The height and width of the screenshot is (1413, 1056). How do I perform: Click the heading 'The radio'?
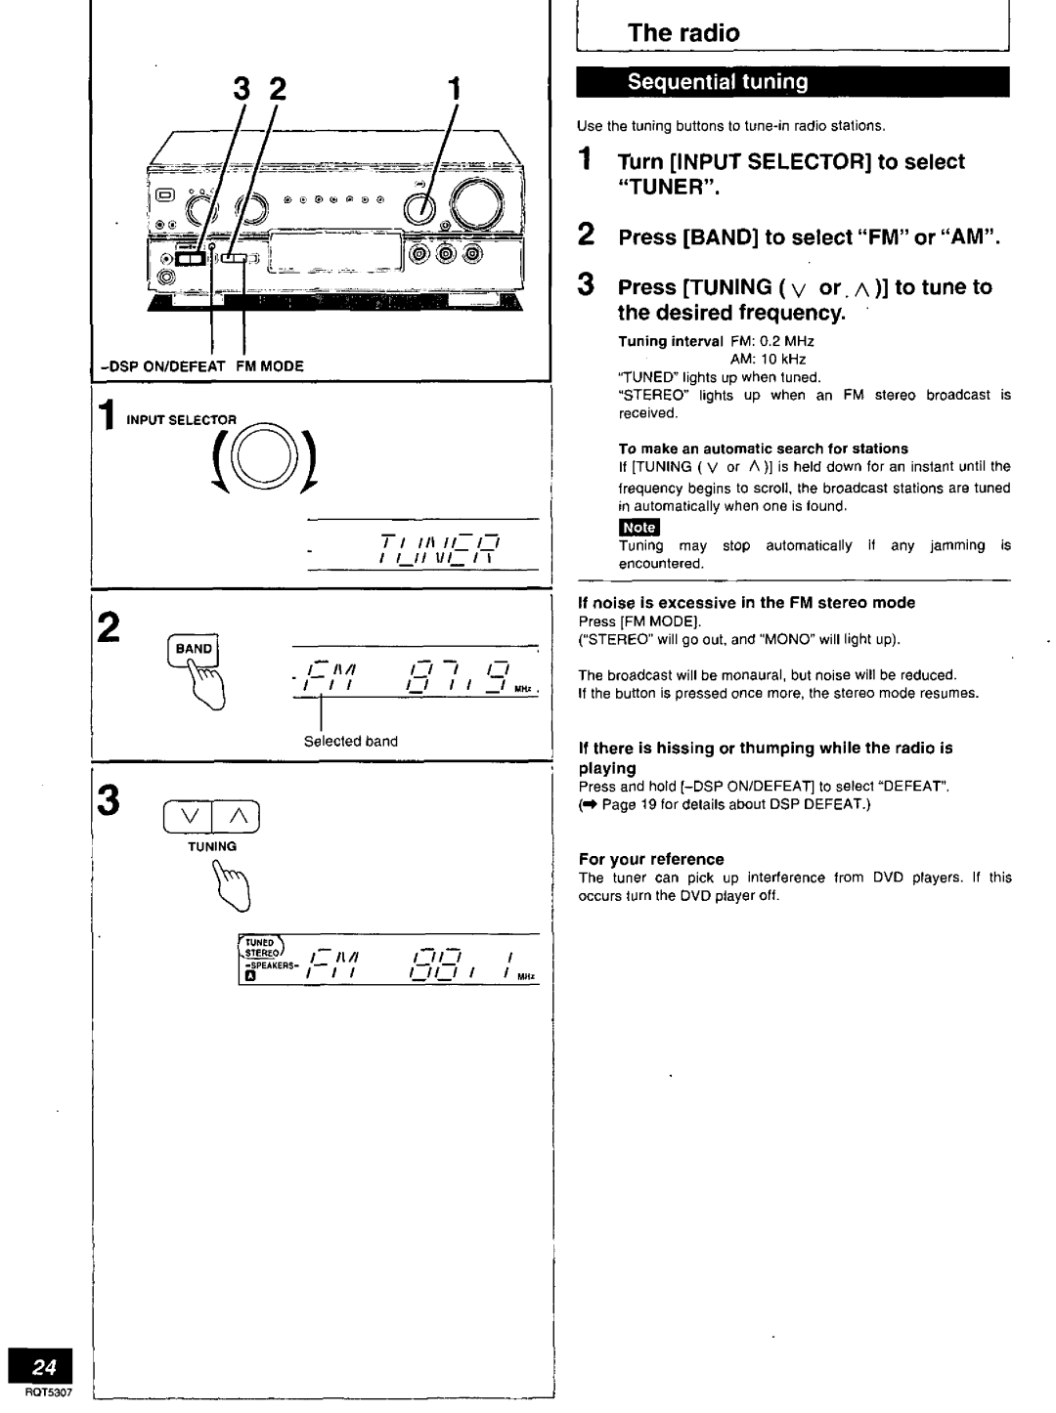(683, 32)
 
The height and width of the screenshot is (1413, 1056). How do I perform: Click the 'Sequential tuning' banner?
(718, 82)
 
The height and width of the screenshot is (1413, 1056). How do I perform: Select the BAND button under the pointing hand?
(194, 648)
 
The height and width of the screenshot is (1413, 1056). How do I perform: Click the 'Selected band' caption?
(350, 741)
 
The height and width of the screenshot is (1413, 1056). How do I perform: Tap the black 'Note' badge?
(639, 528)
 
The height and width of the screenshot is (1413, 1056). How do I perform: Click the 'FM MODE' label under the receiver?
(268, 366)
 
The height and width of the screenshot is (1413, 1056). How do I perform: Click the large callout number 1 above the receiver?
(453, 90)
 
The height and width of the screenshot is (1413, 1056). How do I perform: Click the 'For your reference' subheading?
(651, 859)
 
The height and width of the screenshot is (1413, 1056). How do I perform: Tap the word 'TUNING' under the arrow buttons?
(213, 846)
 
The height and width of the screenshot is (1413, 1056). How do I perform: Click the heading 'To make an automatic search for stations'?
(764, 449)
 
